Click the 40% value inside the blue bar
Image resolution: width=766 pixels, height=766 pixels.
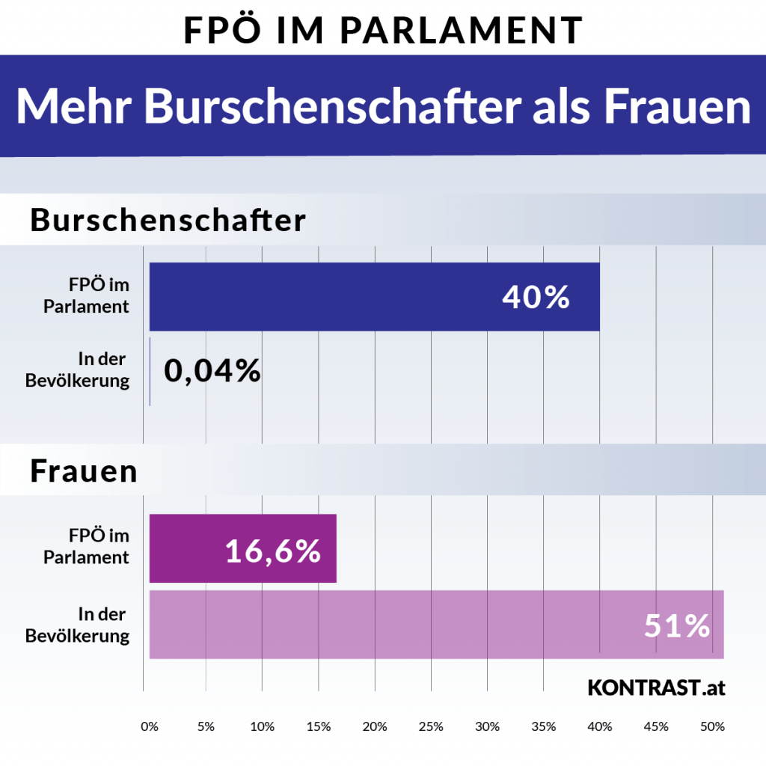(536, 296)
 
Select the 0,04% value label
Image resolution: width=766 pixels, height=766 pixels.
(212, 370)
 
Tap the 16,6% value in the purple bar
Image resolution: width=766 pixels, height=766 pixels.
(272, 551)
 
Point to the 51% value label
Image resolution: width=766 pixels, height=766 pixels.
(676, 625)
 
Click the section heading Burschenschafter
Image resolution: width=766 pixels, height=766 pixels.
(168, 220)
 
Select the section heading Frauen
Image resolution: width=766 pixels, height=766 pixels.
(84, 471)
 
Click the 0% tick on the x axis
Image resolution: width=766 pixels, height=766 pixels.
(150, 726)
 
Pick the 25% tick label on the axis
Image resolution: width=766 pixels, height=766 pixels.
(431, 726)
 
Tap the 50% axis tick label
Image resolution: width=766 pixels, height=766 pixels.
(712, 726)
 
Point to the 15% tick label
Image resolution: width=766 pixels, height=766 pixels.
(319, 726)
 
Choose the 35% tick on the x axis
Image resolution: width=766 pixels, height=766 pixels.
(544, 726)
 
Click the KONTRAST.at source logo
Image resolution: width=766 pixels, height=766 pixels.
(657, 687)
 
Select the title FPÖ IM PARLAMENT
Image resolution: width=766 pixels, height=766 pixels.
(383, 30)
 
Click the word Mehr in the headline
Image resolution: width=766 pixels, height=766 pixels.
(74, 106)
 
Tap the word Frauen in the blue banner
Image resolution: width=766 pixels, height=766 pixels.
(677, 106)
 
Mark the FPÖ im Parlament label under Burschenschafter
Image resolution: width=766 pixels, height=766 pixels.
(87, 295)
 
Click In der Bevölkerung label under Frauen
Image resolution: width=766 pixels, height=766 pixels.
(78, 625)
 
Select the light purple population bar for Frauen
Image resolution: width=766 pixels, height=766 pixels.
(437, 625)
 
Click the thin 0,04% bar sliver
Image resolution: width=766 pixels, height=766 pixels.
(150, 371)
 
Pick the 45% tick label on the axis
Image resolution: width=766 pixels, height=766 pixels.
(656, 726)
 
